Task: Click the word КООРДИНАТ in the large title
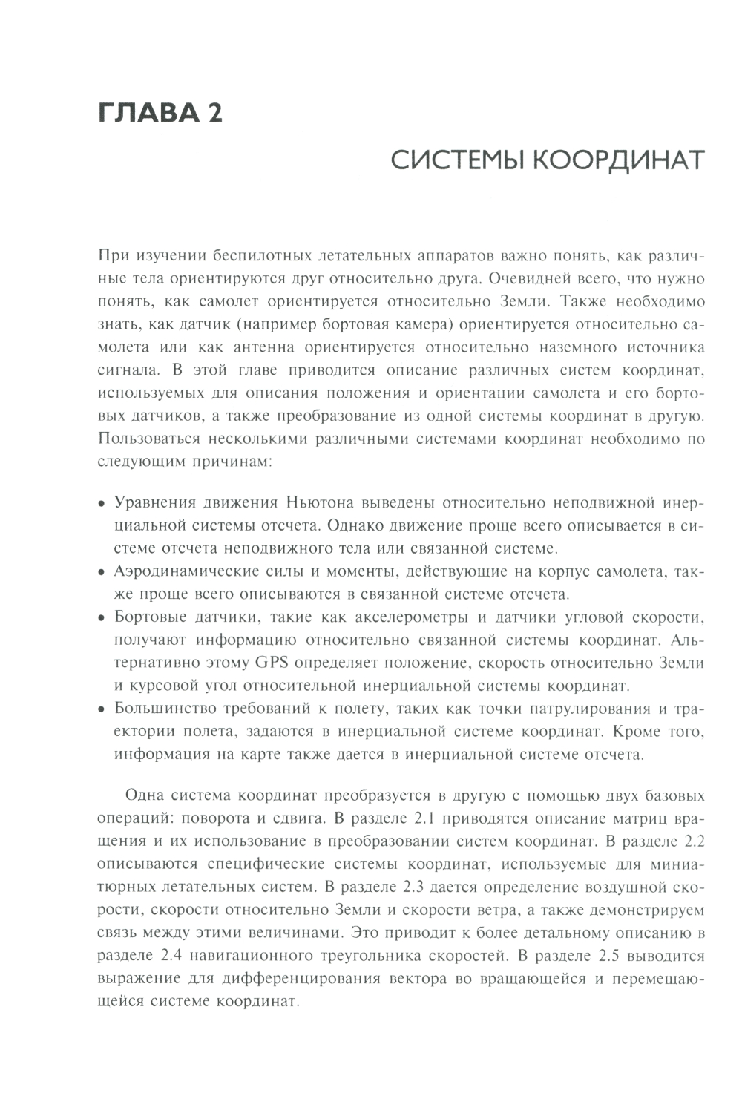click(x=617, y=161)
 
